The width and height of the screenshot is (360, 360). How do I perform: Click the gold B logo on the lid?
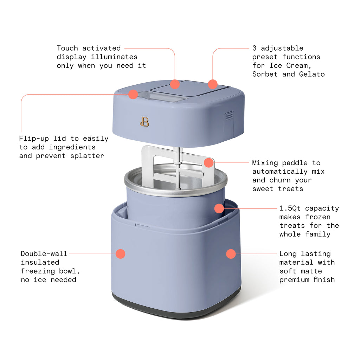[144, 122]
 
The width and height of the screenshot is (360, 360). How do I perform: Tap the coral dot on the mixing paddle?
[209, 162]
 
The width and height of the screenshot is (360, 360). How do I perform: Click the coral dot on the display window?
[133, 94]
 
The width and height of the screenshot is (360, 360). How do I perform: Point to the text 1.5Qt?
[290, 208]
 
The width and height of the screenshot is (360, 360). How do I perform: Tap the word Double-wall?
[44, 253]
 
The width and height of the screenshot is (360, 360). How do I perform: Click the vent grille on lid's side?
[229, 116]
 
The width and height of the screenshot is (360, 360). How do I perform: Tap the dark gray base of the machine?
[176, 309]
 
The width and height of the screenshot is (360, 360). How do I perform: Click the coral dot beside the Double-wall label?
[121, 254]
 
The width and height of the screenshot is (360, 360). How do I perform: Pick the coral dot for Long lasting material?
[231, 254]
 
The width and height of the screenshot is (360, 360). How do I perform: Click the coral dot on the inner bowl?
[219, 208]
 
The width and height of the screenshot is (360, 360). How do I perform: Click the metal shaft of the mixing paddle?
[177, 155]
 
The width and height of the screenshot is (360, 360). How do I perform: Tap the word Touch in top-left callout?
[67, 48]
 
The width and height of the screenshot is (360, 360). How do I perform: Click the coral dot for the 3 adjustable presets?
[213, 84]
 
